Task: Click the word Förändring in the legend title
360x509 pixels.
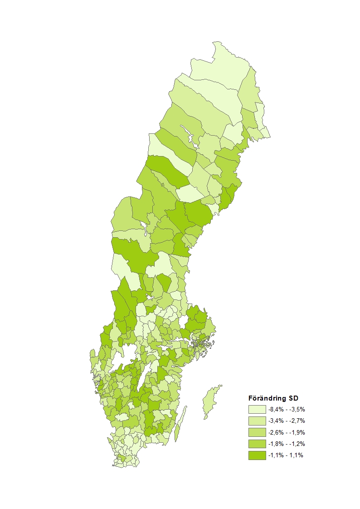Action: (268, 398)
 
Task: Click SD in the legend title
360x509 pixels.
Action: (293, 398)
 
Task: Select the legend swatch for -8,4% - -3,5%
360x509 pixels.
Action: (257, 409)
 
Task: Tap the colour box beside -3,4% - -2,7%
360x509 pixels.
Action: (257, 421)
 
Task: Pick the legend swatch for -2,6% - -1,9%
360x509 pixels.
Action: (257, 432)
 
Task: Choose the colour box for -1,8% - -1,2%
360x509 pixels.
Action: (257, 443)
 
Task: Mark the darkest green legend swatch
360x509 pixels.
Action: (257, 455)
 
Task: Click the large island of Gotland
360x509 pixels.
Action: (209, 401)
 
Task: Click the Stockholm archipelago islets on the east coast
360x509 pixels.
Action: (202, 345)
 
